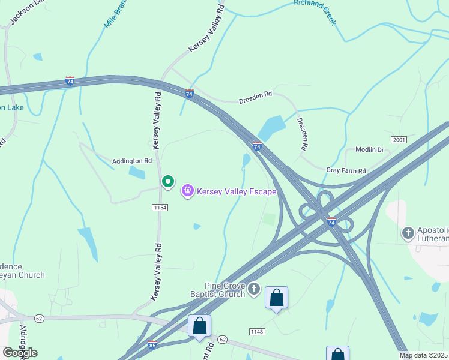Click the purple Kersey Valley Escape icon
click(x=188, y=191)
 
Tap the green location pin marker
click(x=168, y=181)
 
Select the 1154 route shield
click(x=160, y=207)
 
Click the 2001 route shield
click(x=399, y=140)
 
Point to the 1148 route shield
click(x=256, y=331)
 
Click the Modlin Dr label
click(x=369, y=149)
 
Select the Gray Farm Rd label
click(x=346, y=171)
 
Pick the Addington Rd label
click(x=132, y=161)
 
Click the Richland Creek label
click(x=315, y=11)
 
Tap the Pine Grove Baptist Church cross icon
click(x=254, y=290)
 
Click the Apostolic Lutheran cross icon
click(x=408, y=232)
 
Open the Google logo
click(x=19, y=352)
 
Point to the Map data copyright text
click(x=424, y=355)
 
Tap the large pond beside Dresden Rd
click(x=272, y=127)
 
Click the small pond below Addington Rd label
click(x=137, y=173)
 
